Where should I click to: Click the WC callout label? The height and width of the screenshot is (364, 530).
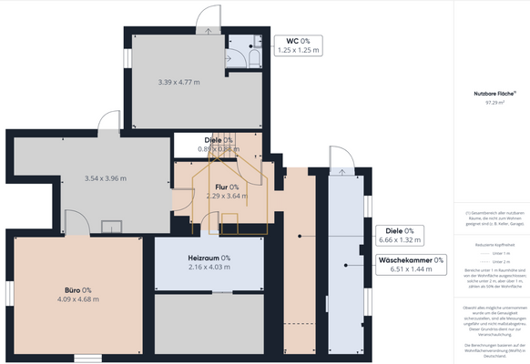[x=298, y=45]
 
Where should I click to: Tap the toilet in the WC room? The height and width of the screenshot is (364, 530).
[x=254, y=56]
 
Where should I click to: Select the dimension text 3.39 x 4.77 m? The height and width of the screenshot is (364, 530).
[x=178, y=82]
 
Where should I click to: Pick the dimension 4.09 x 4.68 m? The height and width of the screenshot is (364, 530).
[x=77, y=298]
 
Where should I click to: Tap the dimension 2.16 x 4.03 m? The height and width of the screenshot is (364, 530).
[x=209, y=268]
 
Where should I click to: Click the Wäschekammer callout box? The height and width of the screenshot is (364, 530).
[x=411, y=264]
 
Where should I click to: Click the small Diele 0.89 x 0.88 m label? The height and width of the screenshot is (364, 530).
[x=218, y=144]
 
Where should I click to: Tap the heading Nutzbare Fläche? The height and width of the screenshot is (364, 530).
[x=494, y=94]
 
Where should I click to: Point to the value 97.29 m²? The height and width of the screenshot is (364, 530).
[x=494, y=103]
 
